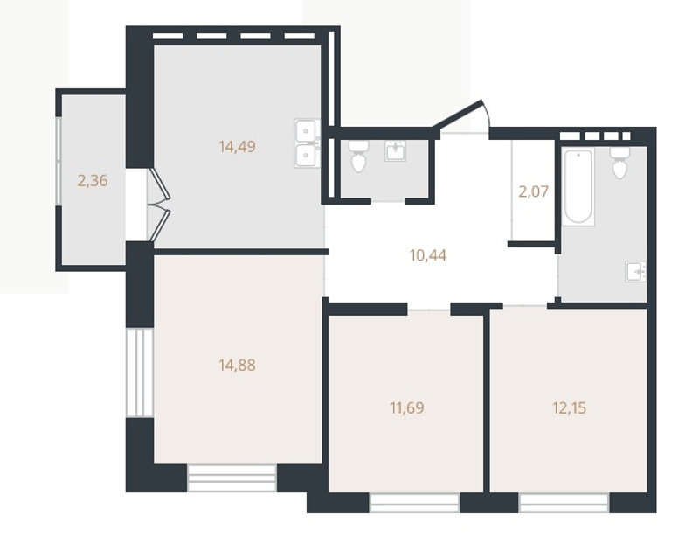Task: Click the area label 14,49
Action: (237, 146)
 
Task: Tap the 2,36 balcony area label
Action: (93, 181)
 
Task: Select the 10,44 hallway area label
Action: (428, 255)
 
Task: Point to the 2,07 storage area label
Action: (533, 191)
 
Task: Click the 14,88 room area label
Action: (237, 366)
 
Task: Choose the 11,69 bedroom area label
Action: (407, 407)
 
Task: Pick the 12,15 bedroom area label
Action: (570, 407)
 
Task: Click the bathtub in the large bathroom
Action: (578, 186)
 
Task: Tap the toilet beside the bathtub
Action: (619, 163)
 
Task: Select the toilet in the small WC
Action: (358, 157)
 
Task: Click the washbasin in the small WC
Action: (395, 150)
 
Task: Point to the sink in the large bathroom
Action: (636, 271)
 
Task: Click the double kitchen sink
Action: (307, 143)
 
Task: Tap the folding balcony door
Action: (160, 205)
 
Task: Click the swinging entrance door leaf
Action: (461, 115)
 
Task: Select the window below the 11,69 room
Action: (414, 503)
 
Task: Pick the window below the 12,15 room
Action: (564, 503)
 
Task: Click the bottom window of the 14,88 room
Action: (232, 477)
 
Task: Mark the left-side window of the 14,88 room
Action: (140, 372)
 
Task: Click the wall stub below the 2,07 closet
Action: (531, 244)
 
